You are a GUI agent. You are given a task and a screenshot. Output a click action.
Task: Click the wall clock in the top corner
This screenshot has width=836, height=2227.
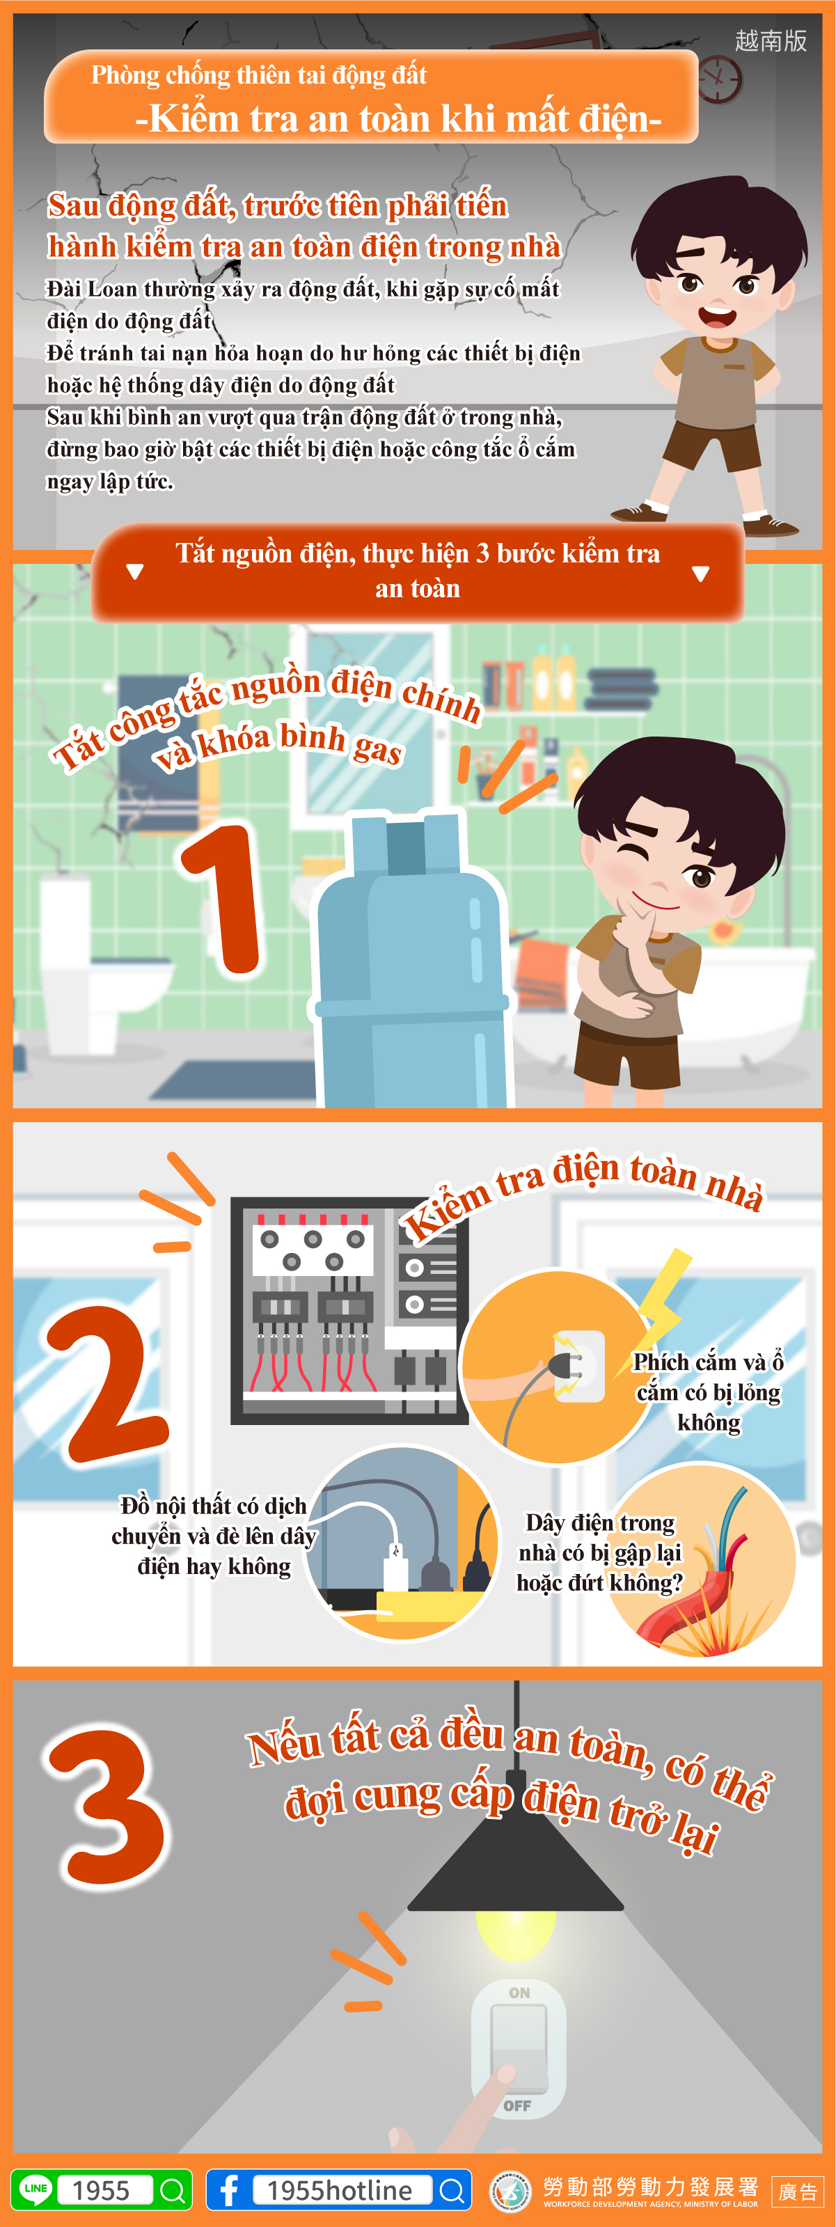tap(719, 79)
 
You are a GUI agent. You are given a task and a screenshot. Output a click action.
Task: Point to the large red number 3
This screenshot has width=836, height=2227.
tap(107, 1803)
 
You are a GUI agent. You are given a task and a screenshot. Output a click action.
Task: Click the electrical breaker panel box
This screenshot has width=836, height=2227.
tap(349, 1309)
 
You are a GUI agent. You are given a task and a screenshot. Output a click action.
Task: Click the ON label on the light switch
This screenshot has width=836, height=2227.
tap(519, 1992)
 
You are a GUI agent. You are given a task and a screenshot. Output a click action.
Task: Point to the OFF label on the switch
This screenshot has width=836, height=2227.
tap(517, 2105)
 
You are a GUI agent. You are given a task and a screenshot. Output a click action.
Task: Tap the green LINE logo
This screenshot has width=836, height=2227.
tap(36, 2188)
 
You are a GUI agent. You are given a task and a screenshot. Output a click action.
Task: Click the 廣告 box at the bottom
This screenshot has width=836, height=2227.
tap(797, 2191)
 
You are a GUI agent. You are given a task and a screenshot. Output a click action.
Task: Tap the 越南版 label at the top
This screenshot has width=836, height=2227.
tap(771, 40)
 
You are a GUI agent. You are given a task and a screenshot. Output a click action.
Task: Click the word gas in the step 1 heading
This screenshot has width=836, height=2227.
tap(377, 748)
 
